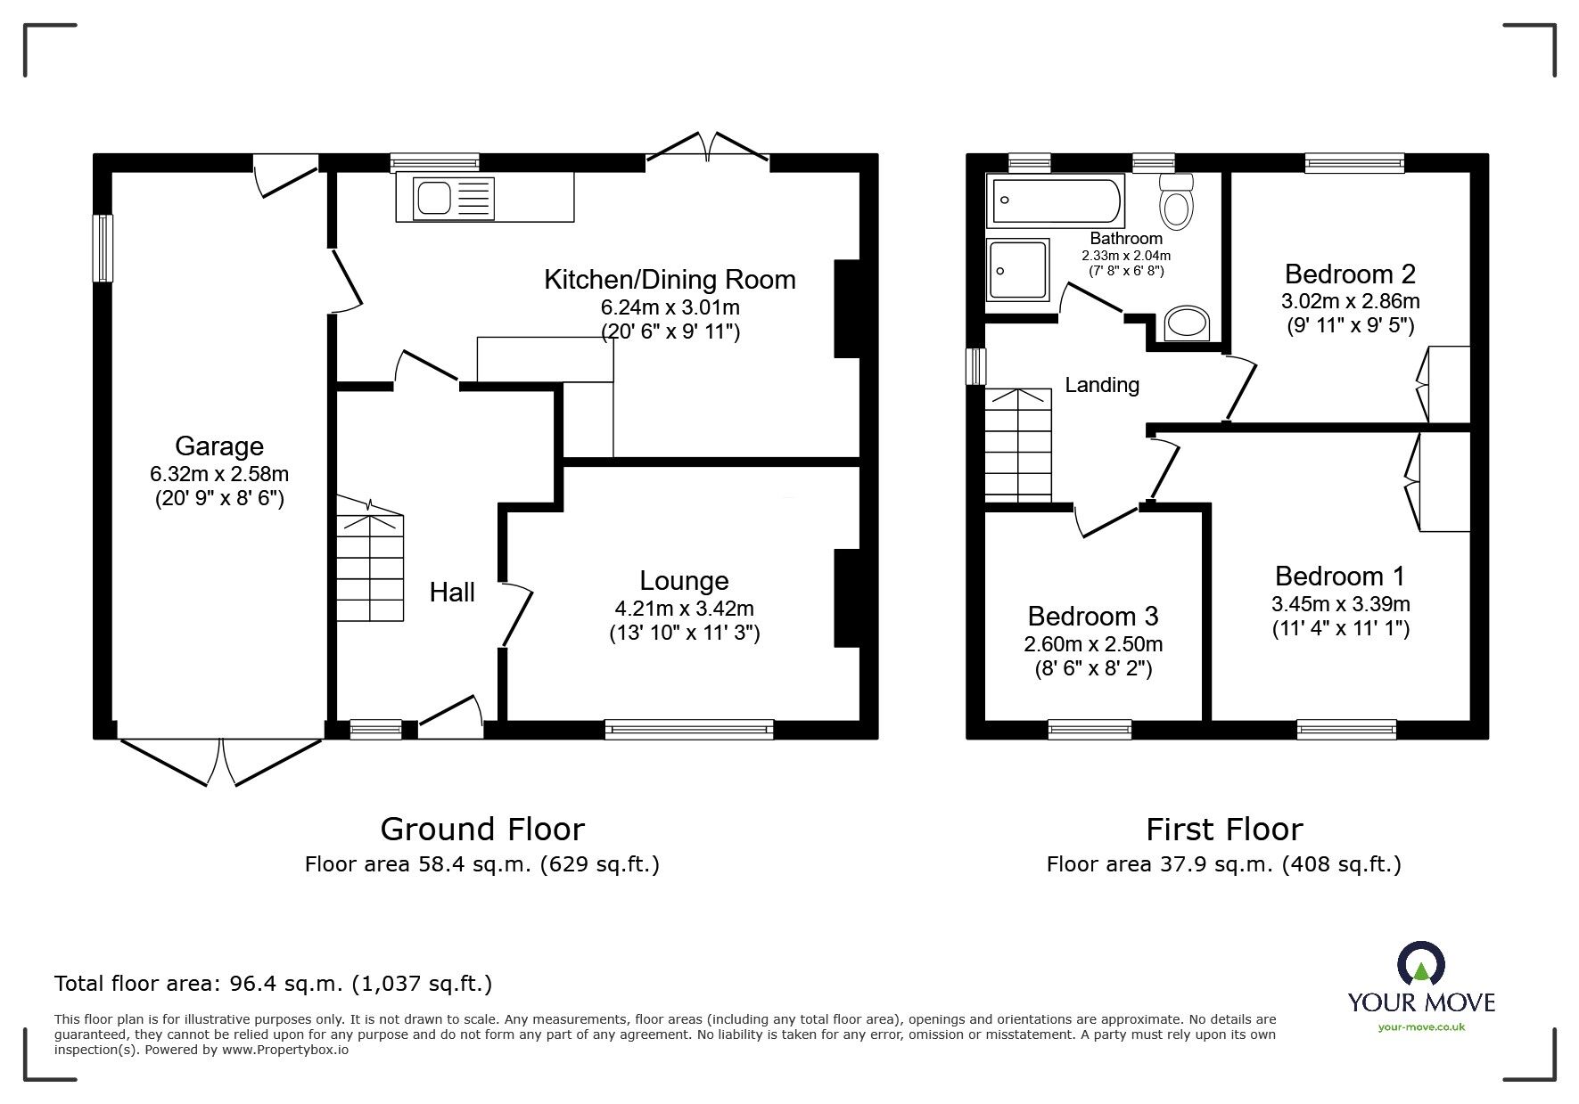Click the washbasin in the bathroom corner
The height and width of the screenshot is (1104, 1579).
(x=1187, y=323)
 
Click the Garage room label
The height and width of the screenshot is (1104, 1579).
(x=218, y=446)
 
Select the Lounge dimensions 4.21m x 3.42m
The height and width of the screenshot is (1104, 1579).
(x=684, y=609)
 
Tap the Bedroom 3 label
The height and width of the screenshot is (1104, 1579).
(x=1092, y=616)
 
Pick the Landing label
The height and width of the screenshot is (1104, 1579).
(x=1102, y=385)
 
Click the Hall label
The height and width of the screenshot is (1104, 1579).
(x=452, y=593)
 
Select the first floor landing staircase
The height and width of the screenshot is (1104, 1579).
(x=1018, y=446)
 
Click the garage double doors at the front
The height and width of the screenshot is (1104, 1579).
(x=220, y=762)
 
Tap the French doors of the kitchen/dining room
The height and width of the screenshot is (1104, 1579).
(x=707, y=147)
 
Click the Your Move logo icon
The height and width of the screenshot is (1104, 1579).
(x=1420, y=964)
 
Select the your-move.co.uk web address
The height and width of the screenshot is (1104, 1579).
(x=1421, y=1027)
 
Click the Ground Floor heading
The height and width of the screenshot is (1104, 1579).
(x=482, y=830)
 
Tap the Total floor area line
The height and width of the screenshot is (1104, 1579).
(x=273, y=984)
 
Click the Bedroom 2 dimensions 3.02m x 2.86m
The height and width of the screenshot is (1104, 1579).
(x=1350, y=301)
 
